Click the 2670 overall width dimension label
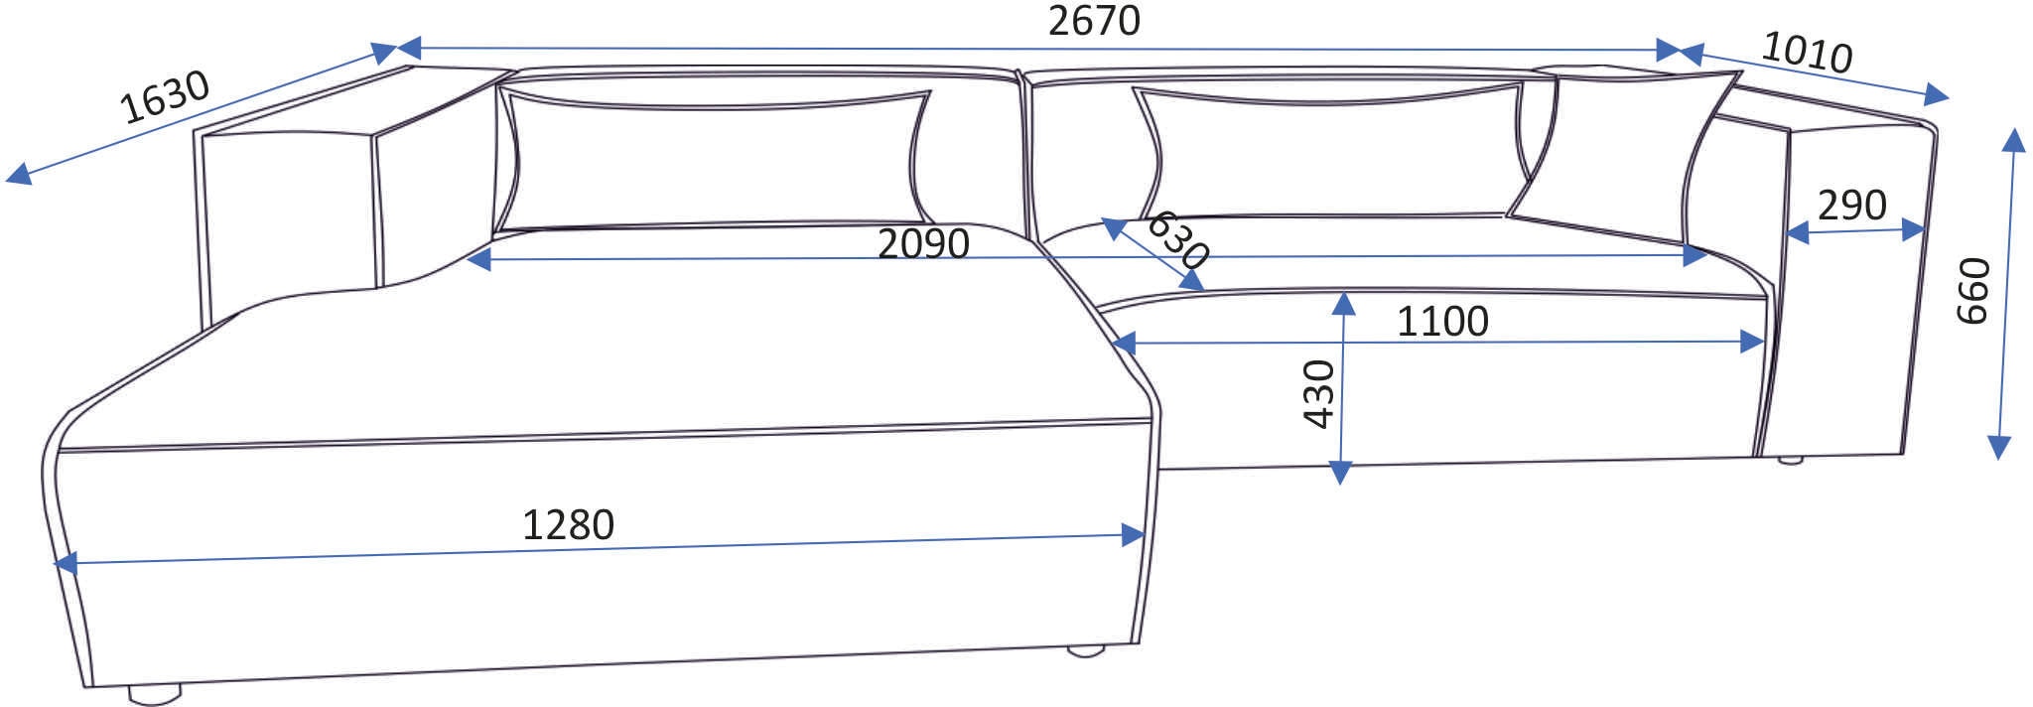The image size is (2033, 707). point(1094,20)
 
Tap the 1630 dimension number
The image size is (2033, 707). point(165,96)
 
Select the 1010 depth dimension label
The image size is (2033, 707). point(1807,52)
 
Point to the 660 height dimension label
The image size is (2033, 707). point(1973,290)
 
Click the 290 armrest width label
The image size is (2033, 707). point(1852,206)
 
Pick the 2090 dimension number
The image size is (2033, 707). point(923,243)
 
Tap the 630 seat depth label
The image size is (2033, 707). point(1178,240)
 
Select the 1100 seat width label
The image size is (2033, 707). point(1442,321)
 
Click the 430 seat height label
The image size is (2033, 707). point(1319,394)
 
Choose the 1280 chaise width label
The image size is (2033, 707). point(568,524)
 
